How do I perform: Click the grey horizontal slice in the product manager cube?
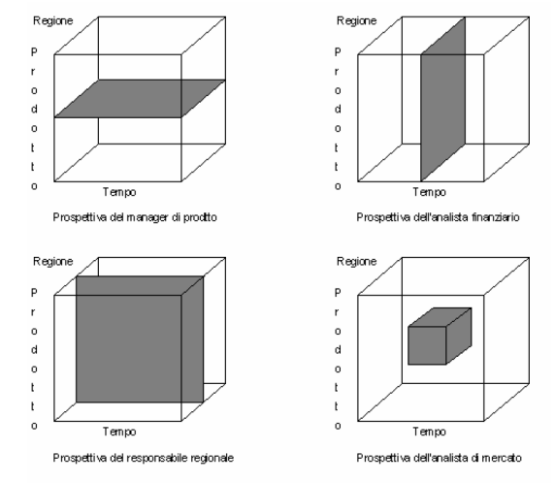140,99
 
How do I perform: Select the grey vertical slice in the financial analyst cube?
442,99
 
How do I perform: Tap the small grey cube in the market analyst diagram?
440,337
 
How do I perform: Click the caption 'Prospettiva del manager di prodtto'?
135,217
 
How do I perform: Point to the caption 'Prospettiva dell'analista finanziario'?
438,217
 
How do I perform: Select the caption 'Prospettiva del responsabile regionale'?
144,458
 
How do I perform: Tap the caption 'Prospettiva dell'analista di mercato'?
439,458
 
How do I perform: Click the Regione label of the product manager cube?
53,21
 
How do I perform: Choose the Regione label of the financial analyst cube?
356,21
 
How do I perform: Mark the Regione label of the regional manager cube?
53,262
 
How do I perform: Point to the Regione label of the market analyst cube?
356,262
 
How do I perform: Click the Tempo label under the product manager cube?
119,192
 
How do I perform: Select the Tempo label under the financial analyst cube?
429,192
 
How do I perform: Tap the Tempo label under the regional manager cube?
119,432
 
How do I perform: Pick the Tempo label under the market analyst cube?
429,432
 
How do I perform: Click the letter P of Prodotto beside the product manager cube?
34,52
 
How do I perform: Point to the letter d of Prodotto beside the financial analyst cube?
338,109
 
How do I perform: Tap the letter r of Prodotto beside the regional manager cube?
33,312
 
